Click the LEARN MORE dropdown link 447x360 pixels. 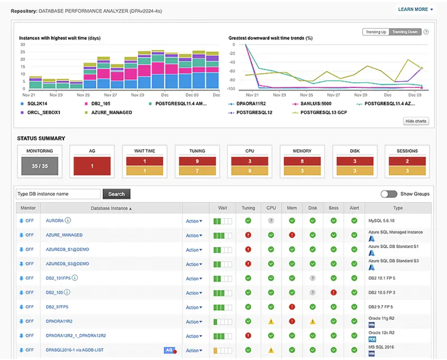tap(415, 9)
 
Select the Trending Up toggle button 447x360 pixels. tap(376, 32)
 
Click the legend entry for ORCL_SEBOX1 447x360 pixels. tap(43, 113)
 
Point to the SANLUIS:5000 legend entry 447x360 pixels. tap(316, 103)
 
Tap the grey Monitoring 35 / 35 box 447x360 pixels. tap(40, 166)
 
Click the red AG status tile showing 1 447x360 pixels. tap(92, 166)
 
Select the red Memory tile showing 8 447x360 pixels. tap(302, 161)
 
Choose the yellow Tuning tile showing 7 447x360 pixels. tap(197, 171)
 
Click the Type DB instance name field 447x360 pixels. tap(58, 194)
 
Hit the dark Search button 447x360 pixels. tap(116, 194)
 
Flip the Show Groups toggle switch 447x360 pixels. tap(389, 194)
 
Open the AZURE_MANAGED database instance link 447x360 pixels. tap(64, 235)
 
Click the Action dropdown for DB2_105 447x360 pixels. tap(194, 293)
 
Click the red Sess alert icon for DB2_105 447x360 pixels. tap(333, 293)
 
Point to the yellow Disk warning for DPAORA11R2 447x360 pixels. tap(312, 322)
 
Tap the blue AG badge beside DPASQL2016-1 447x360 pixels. tap(169, 350)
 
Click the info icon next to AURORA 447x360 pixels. tap(68, 220)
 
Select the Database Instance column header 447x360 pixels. tap(111, 208)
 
